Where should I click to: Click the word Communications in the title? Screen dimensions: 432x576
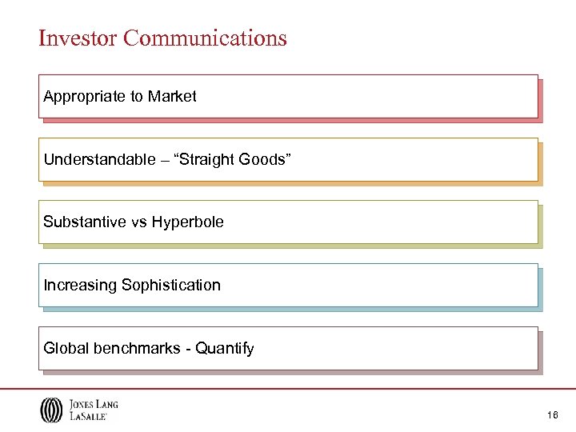(206, 38)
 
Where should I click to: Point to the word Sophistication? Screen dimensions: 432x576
(170, 285)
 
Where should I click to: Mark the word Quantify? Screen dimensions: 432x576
(224, 348)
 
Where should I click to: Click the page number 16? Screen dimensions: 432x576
(552, 414)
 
